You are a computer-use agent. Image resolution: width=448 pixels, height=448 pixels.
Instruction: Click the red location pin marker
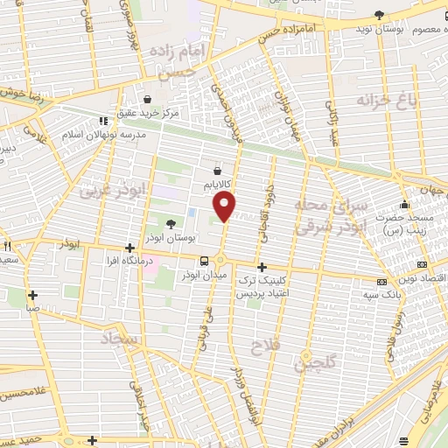tap(225, 206)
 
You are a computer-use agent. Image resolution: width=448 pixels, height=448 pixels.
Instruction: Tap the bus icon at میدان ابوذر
tap(205, 261)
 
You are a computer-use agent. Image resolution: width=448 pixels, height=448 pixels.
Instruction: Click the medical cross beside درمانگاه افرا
tap(129, 248)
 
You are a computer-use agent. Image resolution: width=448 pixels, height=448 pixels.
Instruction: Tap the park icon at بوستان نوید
tap(379, 15)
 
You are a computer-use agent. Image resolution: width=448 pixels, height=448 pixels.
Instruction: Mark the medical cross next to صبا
tap(32, 296)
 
